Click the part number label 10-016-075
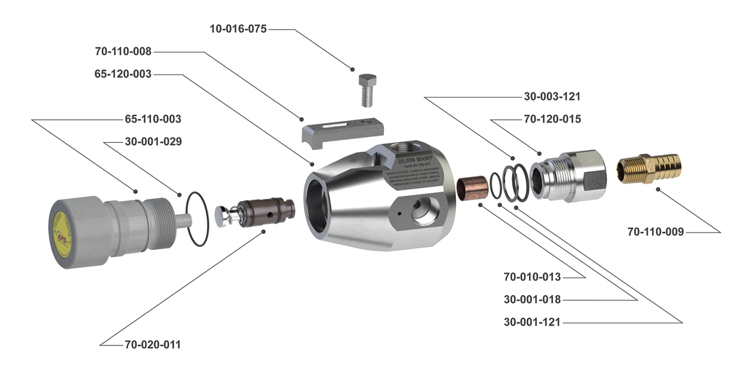237,30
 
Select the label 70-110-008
123,52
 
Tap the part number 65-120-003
123,74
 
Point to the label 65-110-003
153,119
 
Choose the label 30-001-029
153,141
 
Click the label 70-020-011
152,344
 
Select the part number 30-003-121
552,96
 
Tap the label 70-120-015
552,119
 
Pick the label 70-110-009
656,232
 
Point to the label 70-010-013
532,277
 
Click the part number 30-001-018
532,299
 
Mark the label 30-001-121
532,321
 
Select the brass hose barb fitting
649,168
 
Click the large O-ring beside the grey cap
197,217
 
